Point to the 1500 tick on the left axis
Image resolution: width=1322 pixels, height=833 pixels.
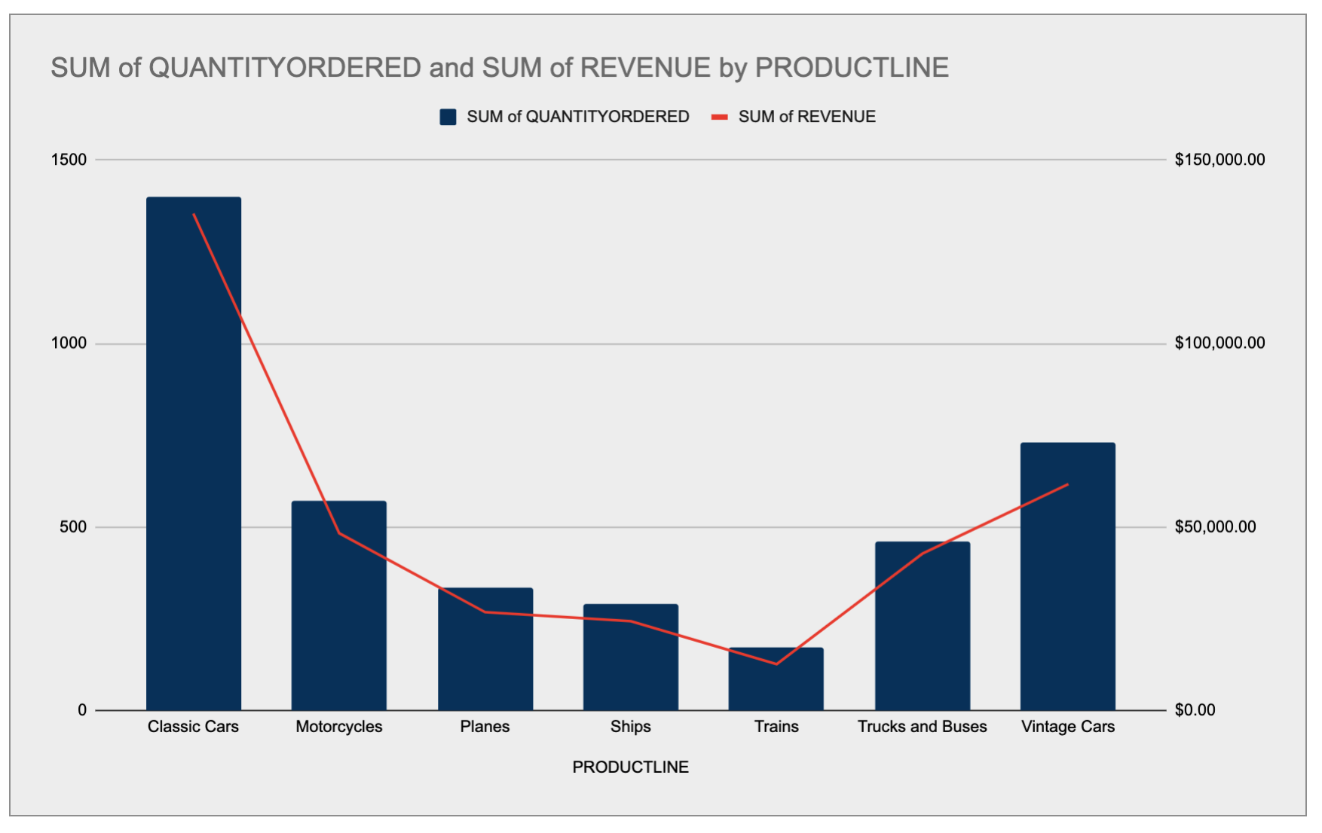coord(69,160)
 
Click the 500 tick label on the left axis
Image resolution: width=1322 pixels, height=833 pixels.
coord(73,527)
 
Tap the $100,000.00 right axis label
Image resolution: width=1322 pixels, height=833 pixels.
coord(1219,343)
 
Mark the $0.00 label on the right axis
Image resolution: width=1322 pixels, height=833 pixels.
coord(1195,710)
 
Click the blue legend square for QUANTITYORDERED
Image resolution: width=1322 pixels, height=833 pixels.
coord(448,117)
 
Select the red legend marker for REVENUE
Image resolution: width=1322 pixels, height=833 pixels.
coord(720,117)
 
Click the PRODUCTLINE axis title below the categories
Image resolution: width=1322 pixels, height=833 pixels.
coord(630,767)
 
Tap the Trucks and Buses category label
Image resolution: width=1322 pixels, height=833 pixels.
coord(922,727)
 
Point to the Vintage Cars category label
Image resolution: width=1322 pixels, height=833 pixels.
coord(1068,727)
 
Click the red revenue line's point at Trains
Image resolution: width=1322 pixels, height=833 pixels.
coord(776,664)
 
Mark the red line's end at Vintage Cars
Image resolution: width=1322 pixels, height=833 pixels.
coord(1068,484)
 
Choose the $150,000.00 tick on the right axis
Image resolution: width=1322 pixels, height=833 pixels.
coord(1219,160)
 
